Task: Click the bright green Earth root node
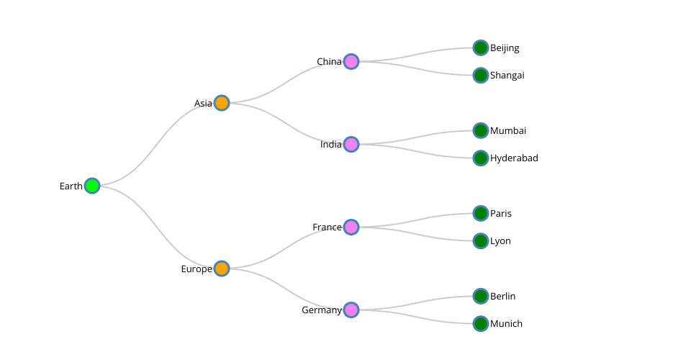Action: tap(91, 186)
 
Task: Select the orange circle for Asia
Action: tap(222, 103)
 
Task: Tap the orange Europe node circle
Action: tap(222, 269)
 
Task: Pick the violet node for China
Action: tap(351, 61)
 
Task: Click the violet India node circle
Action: tap(351, 144)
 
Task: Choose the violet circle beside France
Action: tap(351, 227)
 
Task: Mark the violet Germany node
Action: tap(351, 310)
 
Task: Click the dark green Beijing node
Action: tap(481, 48)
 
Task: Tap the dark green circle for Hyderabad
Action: tap(481, 158)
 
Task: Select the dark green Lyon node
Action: tap(481, 240)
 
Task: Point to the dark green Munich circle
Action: tap(481, 323)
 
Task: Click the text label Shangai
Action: tap(507, 75)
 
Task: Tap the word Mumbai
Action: tap(508, 130)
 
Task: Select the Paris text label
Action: tap(501, 213)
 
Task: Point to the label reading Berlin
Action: tap(503, 296)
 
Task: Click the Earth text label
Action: tap(71, 186)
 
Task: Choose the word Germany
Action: tap(322, 310)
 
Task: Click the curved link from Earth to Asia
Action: tap(157, 144)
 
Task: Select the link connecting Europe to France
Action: tap(286, 248)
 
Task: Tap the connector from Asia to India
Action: tap(286, 123)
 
